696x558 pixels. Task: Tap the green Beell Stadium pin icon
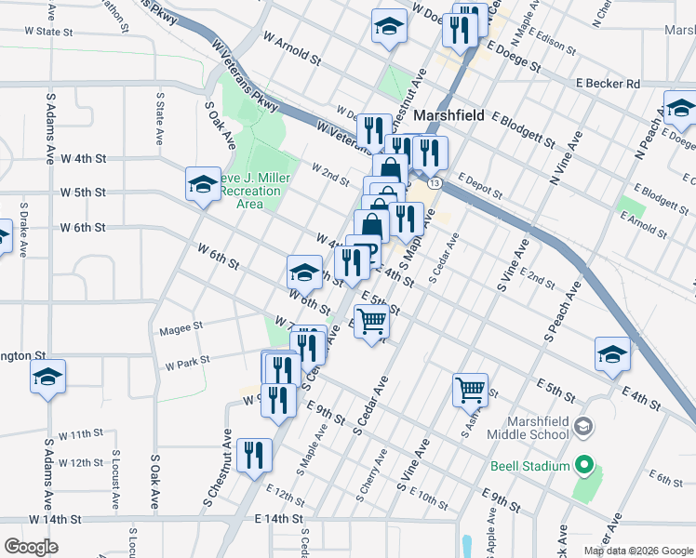[x=584, y=463]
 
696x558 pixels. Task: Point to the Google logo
[x=31, y=547]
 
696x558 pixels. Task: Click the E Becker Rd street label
[x=608, y=84]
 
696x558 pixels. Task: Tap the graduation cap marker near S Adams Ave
[x=47, y=378]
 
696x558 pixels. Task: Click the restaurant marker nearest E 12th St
[x=254, y=456]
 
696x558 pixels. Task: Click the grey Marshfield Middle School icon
[x=583, y=428]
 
